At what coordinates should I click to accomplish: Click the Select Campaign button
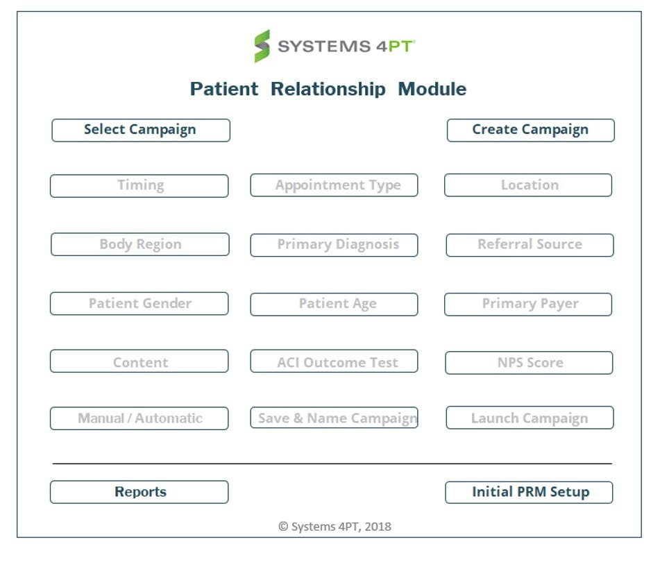pyautogui.click(x=140, y=130)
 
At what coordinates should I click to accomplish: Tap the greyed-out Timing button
pyautogui.click(x=139, y=186)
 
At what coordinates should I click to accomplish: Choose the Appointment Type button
pyautogui.click(x=334, y=186)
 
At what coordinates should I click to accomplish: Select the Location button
pyautogui.click(x=528, y=186)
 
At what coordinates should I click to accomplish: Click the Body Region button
pyautogui.click(x=139, y=245)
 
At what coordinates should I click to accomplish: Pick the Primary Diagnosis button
pyautogui.click(x=334, y=245)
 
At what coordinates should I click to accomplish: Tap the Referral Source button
pyautogui.click(x=530, y=245)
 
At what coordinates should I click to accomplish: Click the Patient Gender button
pyautogui.click(x=139, y=304)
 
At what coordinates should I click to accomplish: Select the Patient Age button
pyautogui.click(x=334, y=304)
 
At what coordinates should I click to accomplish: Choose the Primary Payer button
pyautogui.click(x=528, y=304)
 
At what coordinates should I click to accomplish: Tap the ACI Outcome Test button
pyautogui.click(x=334, y=362)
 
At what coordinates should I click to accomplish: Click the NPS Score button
pyautogui.click(x=529, y=363)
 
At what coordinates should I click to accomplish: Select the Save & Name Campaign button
pyautogui.click(x=334, y=418)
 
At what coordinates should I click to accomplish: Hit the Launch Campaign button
pyautogui.click(x=530, y=418)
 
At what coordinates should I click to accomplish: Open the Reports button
pyautogui.click(x=139, y=492)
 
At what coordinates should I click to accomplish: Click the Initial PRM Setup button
pyautogui.click(x=529, y=493)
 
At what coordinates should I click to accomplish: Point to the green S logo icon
pyautogui.click(x=262, y=46)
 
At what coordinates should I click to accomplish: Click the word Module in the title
pyautogui.click(x=432, y=89)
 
